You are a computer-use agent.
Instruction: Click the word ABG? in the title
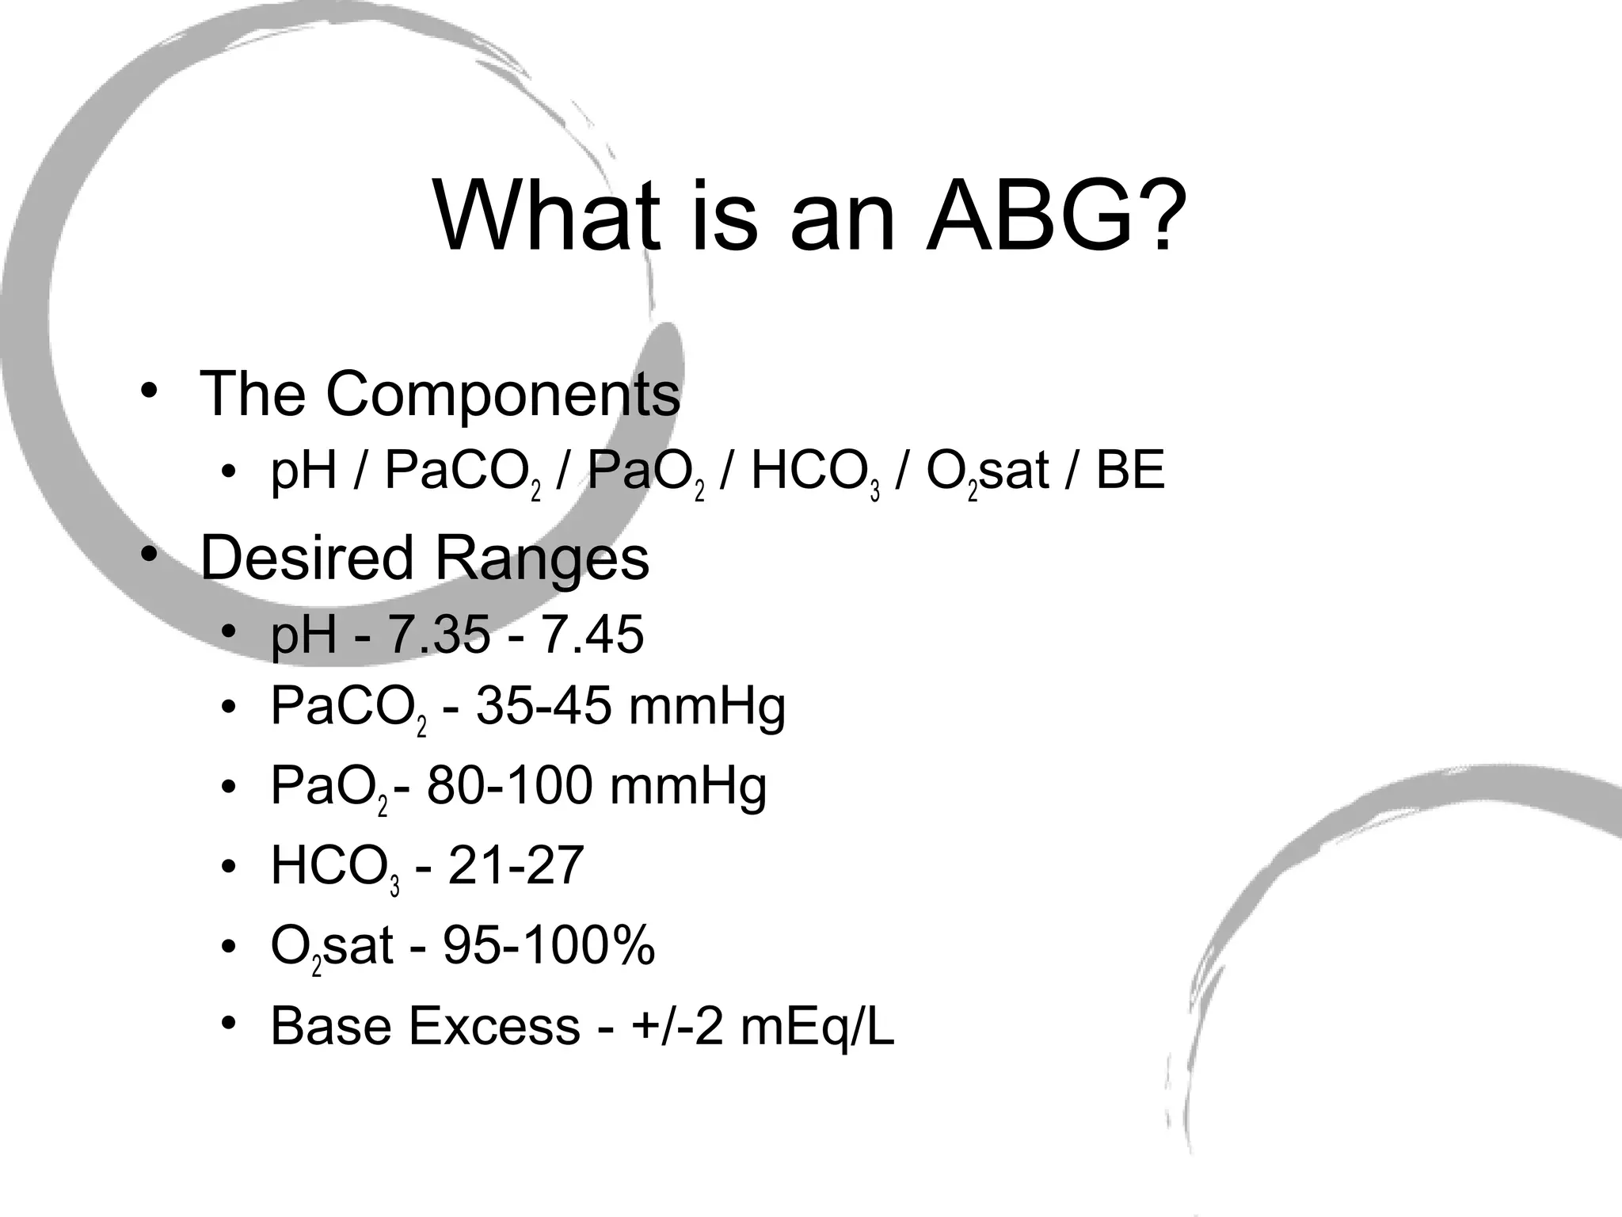pos(1057,216)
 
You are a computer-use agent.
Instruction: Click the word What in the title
pos(546,216)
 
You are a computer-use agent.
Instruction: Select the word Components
pos(503,394)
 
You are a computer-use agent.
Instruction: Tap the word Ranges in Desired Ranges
pos(542,558)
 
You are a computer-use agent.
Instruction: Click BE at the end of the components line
pos(1130,471)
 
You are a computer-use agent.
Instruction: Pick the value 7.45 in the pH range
pos(592,635)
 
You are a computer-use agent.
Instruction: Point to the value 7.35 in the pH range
pos(438,635)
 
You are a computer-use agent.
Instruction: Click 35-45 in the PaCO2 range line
pos(543,706)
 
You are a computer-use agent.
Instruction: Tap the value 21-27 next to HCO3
pos(516,865)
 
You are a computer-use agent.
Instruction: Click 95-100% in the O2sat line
pos(549,945)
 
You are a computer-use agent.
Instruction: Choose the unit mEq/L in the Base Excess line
pos(817,1026)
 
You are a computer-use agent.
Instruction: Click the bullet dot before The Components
pos(148,391)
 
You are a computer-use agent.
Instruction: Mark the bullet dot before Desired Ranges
pos(148,555)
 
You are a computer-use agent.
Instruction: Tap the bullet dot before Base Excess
pos(229,1024)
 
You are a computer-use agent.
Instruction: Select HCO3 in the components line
pos(815,472)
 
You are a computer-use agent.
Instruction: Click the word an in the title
pos(843,216)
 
